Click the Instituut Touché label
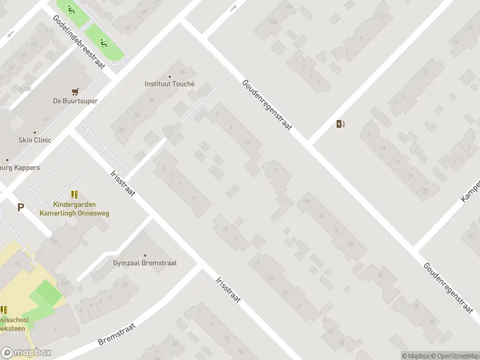point(170,85)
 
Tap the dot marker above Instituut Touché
point(170,76)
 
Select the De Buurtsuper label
point(75,101)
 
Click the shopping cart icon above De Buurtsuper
point(75,92)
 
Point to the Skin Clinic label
point(34,140)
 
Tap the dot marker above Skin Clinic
point(34,132)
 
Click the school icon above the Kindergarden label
point(74,194)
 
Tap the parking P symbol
point(20,208)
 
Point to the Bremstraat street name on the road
point(117,334)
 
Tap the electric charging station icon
point(341,124)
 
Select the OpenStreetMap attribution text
point(454,356)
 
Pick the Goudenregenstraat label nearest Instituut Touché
point(266,104)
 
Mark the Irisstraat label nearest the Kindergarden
point(124,182)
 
